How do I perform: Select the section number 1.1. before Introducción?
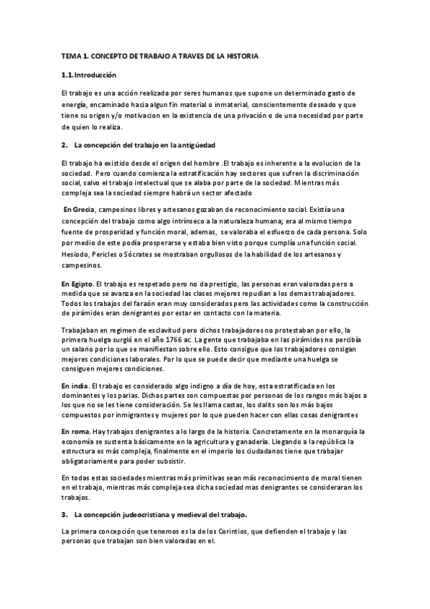tap(68, 75)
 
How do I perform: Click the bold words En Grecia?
tap(78, 208)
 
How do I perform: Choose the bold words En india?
tap(75, 386)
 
